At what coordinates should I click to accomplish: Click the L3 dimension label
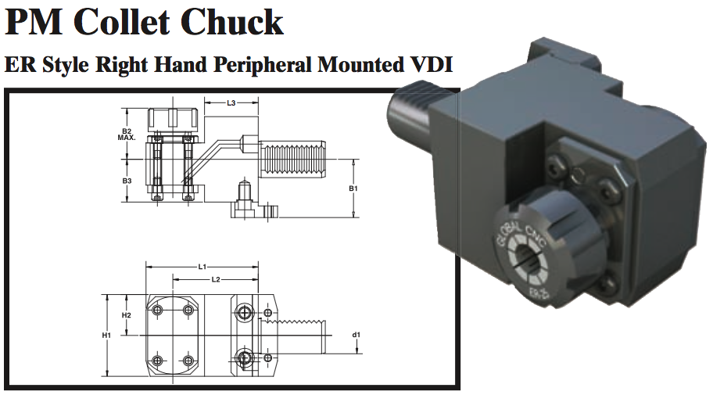231,102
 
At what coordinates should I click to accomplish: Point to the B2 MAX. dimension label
127,134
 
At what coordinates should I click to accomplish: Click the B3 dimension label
127,181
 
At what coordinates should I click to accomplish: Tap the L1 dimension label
202,268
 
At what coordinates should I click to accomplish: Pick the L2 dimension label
216,279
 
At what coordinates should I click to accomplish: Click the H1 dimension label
107,335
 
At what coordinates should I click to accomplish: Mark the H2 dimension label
127,314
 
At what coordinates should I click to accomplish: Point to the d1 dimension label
356,335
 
